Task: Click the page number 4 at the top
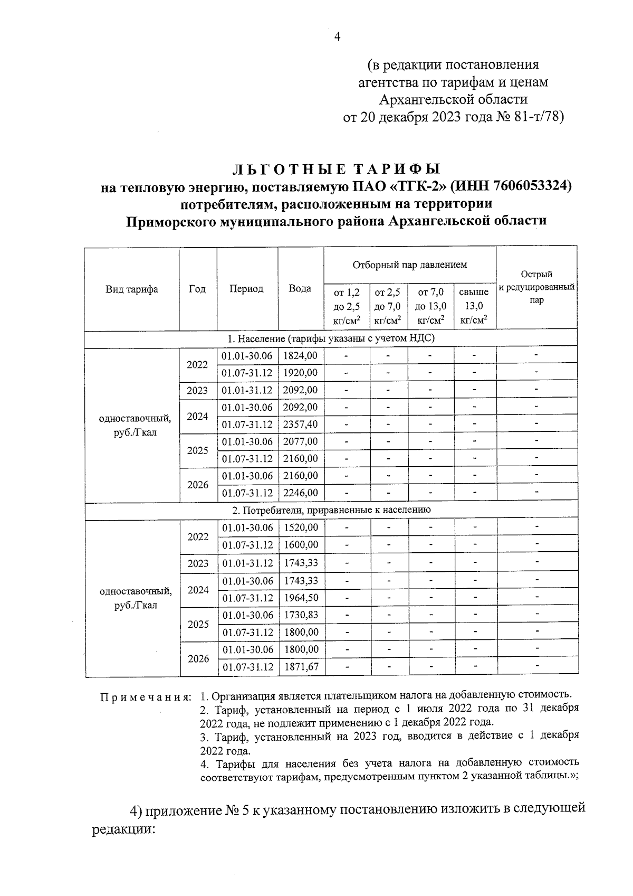coord(338,36)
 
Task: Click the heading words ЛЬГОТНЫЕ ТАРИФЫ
coord(337,169)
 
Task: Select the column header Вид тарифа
coord(132,289)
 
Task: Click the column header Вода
coord(300,288)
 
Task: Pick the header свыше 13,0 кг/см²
coord(474,306)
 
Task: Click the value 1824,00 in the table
coord(300,356)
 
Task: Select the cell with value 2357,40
coord(300,425)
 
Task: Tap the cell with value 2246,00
coord(300,493)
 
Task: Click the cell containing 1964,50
coord(301,598)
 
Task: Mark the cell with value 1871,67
coord(301,667)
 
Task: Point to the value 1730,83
coord(301,615)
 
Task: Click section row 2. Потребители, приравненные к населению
coord(332,510)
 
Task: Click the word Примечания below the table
coord(145,697)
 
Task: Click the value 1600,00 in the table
coord(301,545)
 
